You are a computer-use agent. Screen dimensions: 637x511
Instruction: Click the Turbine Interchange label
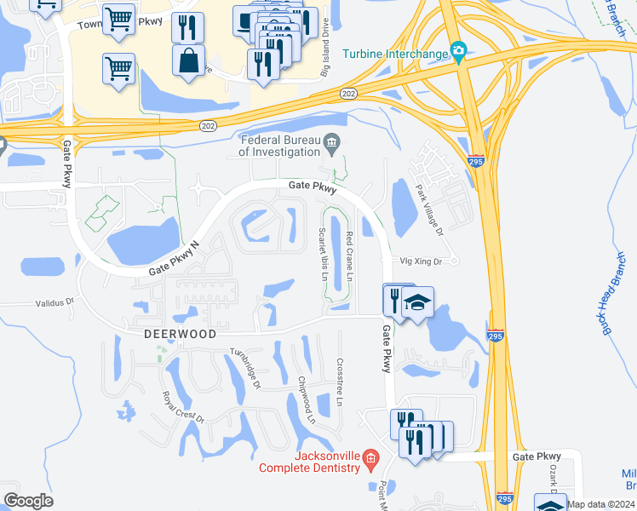[x=395, y=55]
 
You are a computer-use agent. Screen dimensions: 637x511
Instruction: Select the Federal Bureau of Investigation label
[x=278, y=146]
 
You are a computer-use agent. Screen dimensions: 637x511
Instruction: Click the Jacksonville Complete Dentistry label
[x=310, y=462]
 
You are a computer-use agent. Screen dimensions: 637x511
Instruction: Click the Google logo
[x=28, y=501]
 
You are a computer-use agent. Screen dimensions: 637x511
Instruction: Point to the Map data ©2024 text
[x=601, y=504]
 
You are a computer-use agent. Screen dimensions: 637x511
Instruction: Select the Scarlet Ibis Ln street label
[x=323, y=254]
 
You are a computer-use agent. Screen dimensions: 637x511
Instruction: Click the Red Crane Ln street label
[x=350, y=254]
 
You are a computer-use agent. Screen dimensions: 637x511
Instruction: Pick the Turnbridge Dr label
[x=245, y=368]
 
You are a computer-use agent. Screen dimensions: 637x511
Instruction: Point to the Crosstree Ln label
[x=340, y=382]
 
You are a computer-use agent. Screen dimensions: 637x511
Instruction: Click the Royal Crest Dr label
[x=184, y=407]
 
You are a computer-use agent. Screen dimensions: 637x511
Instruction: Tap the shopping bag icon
[x=188, y=61]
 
